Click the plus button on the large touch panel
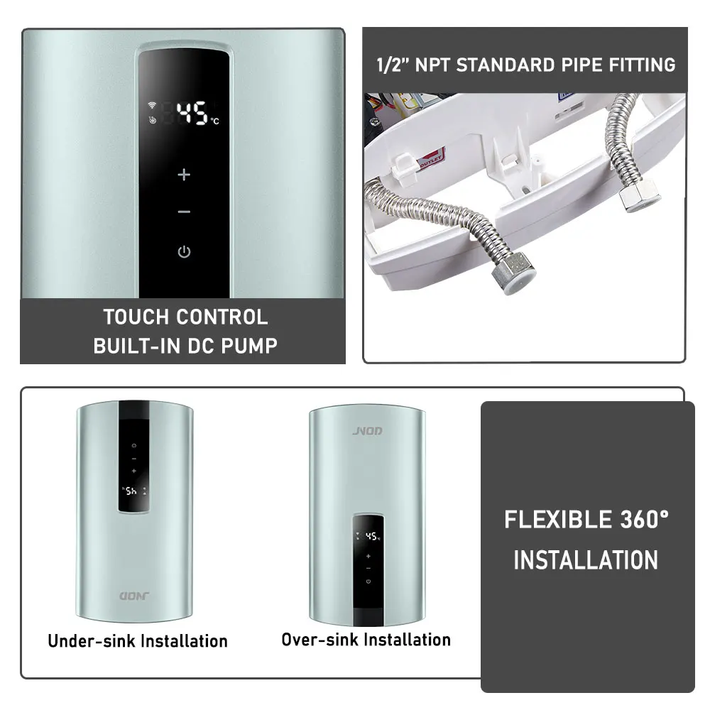(x=184, y=174)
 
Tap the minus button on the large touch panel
(x=184, y=212)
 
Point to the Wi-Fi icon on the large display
(x=152, y=106)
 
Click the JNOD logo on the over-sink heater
(x=368, y=431)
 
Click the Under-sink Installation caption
(x=138, y=640)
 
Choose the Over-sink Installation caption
(x=366, y=639)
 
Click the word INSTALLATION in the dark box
(x=586, y=560)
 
